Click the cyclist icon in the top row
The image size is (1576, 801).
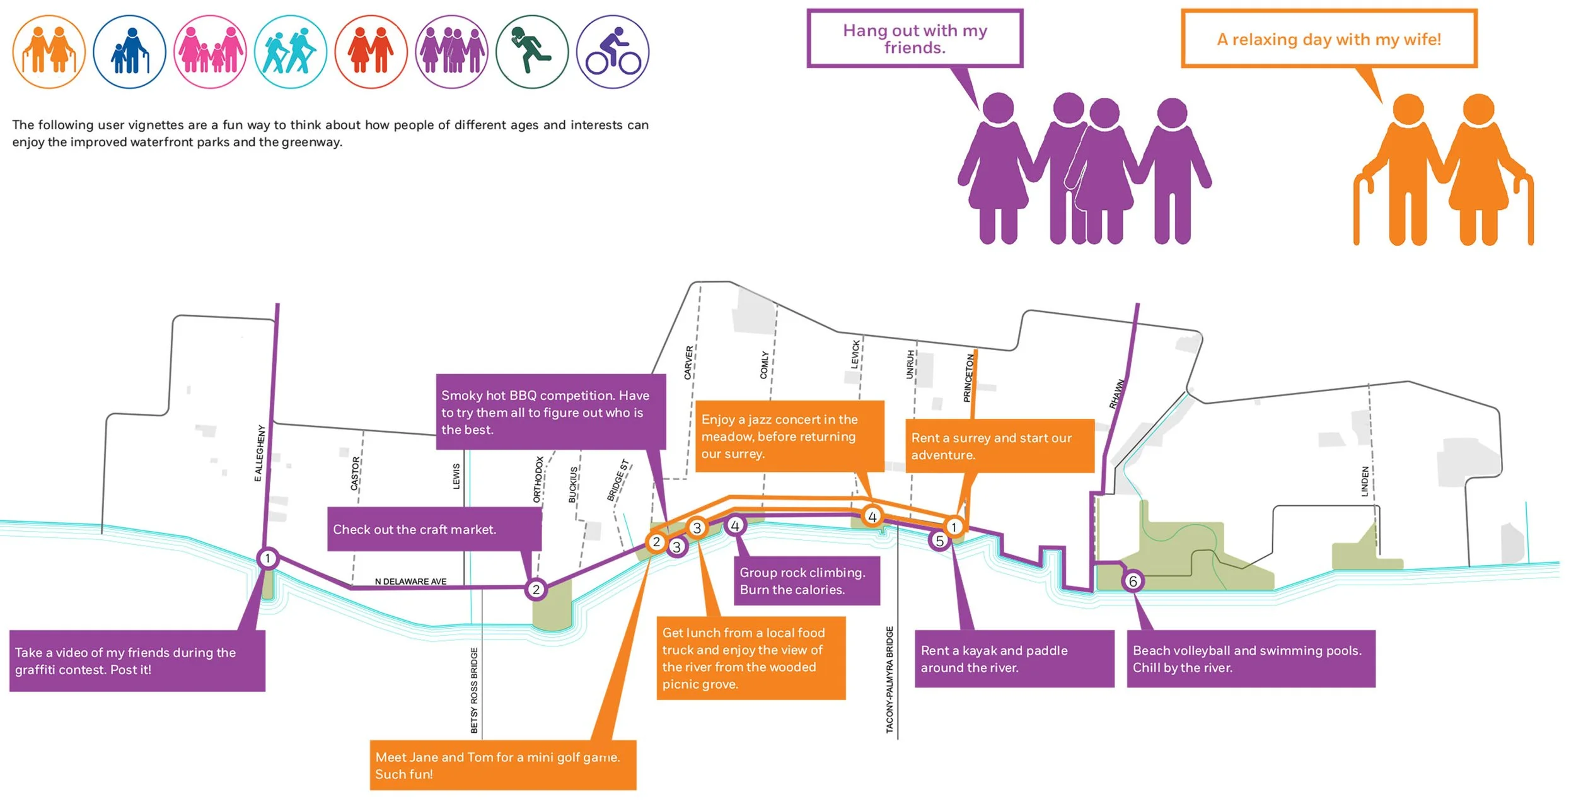click(x=612, y=52)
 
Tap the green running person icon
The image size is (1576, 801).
click(x=531, y=52)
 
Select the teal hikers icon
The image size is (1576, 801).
click(x=290, y=52)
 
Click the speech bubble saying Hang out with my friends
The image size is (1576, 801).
click(x=915, y=38)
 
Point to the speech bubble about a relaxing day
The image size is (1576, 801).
click(x=1329, y=38)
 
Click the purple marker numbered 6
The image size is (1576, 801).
click(x=1133, y=581)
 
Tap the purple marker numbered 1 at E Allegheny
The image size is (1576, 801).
click(x=268, y=558)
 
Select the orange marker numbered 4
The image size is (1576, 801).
click(x=872, y=517)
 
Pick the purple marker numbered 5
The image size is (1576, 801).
click(x=939, y=541)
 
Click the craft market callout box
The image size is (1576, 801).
click(x=434, y=529)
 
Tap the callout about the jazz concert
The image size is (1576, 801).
click(x=789, y=436)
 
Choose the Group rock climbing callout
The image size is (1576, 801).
click(x=806, y=581)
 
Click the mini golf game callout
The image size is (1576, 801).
click(x=502, y=765)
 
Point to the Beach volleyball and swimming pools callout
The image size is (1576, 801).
click(x=1251, y=658)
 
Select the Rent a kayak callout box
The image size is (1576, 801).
click(x=1014, y=658)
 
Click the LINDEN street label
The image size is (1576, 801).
click(x=1365, y=481)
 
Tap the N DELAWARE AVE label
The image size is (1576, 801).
click(x=410, y=582)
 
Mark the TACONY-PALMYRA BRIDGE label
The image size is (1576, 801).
click(x=889, y=679)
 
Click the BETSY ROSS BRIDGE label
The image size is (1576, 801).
click(x=474, y=690)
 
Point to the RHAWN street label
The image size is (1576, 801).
click(x=1116, y=394)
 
